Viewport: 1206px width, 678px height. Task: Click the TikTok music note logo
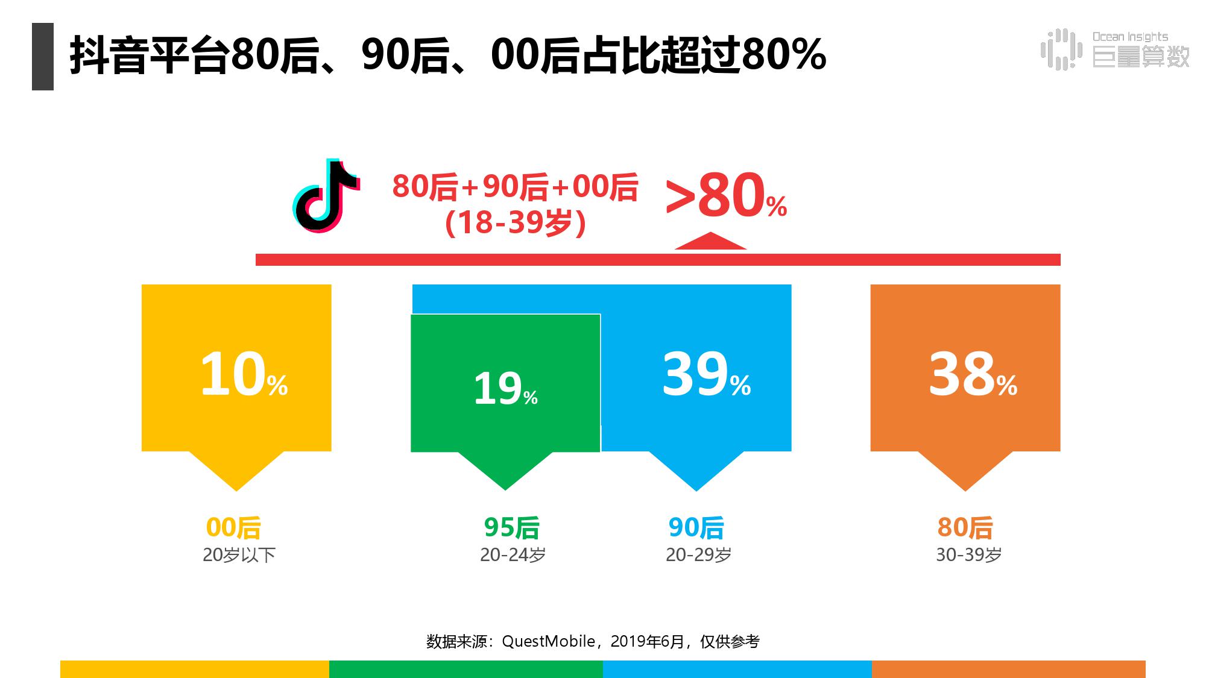click(x=326, y=196)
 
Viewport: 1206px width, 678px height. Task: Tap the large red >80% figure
click(x=726, y=195)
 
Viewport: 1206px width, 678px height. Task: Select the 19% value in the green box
click(x=505, y=389)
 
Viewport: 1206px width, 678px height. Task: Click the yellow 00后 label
click(x=233, y=528)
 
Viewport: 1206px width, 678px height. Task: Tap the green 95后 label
click(x=511, y=528)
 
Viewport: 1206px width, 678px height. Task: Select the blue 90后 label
click(x=696, y=528)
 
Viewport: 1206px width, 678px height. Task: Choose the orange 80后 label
click(x=965, y=528)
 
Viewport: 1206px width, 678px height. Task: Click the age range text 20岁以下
click(x=239, y=555)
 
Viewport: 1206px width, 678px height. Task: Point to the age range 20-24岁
click(x=513, y=555)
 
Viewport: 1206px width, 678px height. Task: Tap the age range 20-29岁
click(x=698, y=555)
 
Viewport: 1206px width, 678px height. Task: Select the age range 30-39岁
click(x=968, y=555)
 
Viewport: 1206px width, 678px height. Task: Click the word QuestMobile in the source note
click(x=548, y=641)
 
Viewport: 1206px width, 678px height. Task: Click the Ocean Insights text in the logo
click(x=1130, y=37)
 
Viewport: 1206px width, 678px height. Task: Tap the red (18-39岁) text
click(x=516, y=223)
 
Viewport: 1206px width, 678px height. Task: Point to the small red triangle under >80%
click(x=710, y=242)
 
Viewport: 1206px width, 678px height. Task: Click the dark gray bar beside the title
click(x=43, y=57)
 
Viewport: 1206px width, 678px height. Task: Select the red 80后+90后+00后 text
click(x=515, y=187)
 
